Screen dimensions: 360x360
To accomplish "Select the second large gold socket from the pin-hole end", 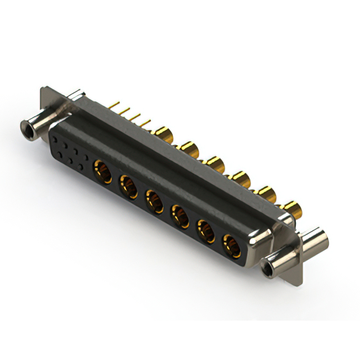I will [128, 184].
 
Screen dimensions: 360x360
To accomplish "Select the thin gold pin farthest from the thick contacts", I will [115, 105].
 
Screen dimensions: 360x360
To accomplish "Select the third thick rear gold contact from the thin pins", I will [214, 164].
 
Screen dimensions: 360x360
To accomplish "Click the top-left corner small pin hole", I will [55, 137].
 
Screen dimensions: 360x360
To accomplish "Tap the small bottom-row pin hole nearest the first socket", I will [82, 167].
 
